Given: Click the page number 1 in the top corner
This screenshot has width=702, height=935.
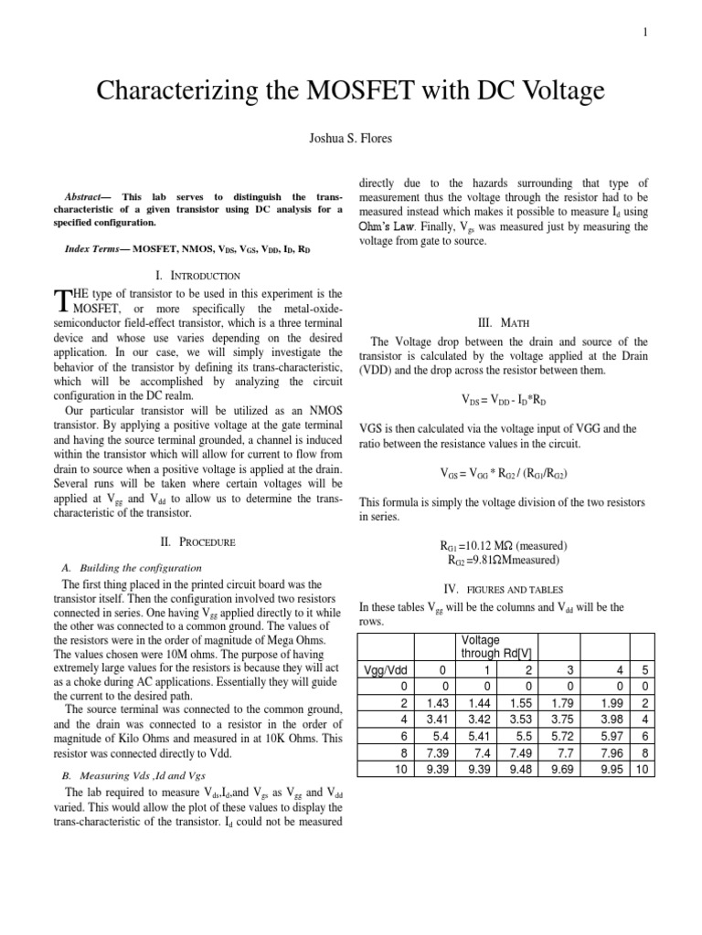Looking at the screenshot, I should point(645,33).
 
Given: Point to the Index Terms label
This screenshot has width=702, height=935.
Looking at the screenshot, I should point(91,248).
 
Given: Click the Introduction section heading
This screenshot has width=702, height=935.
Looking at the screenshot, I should point(197,275).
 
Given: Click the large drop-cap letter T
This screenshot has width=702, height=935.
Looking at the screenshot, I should point(62,300).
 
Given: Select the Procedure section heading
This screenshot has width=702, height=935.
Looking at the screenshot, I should point(197,541).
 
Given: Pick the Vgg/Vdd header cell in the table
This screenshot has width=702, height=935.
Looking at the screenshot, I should point(384,669).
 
